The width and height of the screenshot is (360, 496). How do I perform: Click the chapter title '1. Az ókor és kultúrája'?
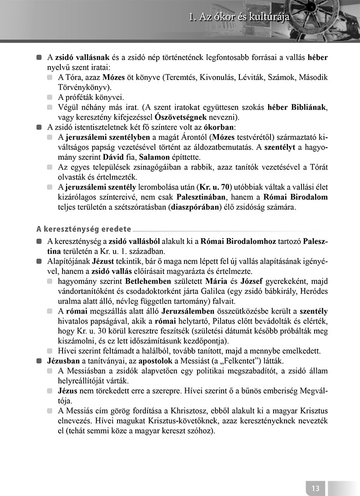click(x=239, y=18)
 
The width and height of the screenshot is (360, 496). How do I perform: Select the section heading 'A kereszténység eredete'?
click(x=83, y=229)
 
